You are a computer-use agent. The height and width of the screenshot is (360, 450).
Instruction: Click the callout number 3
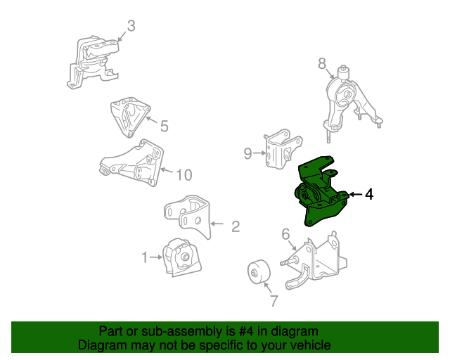coord(131,26)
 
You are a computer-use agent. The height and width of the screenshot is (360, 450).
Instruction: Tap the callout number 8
coord(322,63)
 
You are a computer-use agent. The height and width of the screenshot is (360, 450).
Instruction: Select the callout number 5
coord(164,126)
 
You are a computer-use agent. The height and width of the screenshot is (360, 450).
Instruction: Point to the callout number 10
coord(184,174)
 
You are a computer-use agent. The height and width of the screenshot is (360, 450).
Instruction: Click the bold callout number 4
coord(369,194)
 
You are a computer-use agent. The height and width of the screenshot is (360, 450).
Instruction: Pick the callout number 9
coord(247,153)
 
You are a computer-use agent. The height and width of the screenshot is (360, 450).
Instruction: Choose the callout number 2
coord(236,226)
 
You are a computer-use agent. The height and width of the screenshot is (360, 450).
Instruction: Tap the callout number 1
coord(145,257)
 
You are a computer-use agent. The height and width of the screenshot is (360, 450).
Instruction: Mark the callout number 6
coord(285,234)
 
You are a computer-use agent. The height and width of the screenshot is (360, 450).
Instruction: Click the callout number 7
coord(274,300)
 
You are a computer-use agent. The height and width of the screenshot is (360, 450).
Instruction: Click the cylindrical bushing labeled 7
coord(259,271)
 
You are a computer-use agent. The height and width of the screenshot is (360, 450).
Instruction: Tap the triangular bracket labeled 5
coord(131,117)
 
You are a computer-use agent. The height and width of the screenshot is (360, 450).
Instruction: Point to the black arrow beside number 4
coord(356,195)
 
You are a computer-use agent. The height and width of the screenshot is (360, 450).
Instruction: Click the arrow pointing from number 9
coord(259,153)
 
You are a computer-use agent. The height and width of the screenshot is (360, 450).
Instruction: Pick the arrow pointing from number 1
coord(156,257)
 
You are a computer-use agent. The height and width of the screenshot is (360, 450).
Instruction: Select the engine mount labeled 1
coord(182,257)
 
